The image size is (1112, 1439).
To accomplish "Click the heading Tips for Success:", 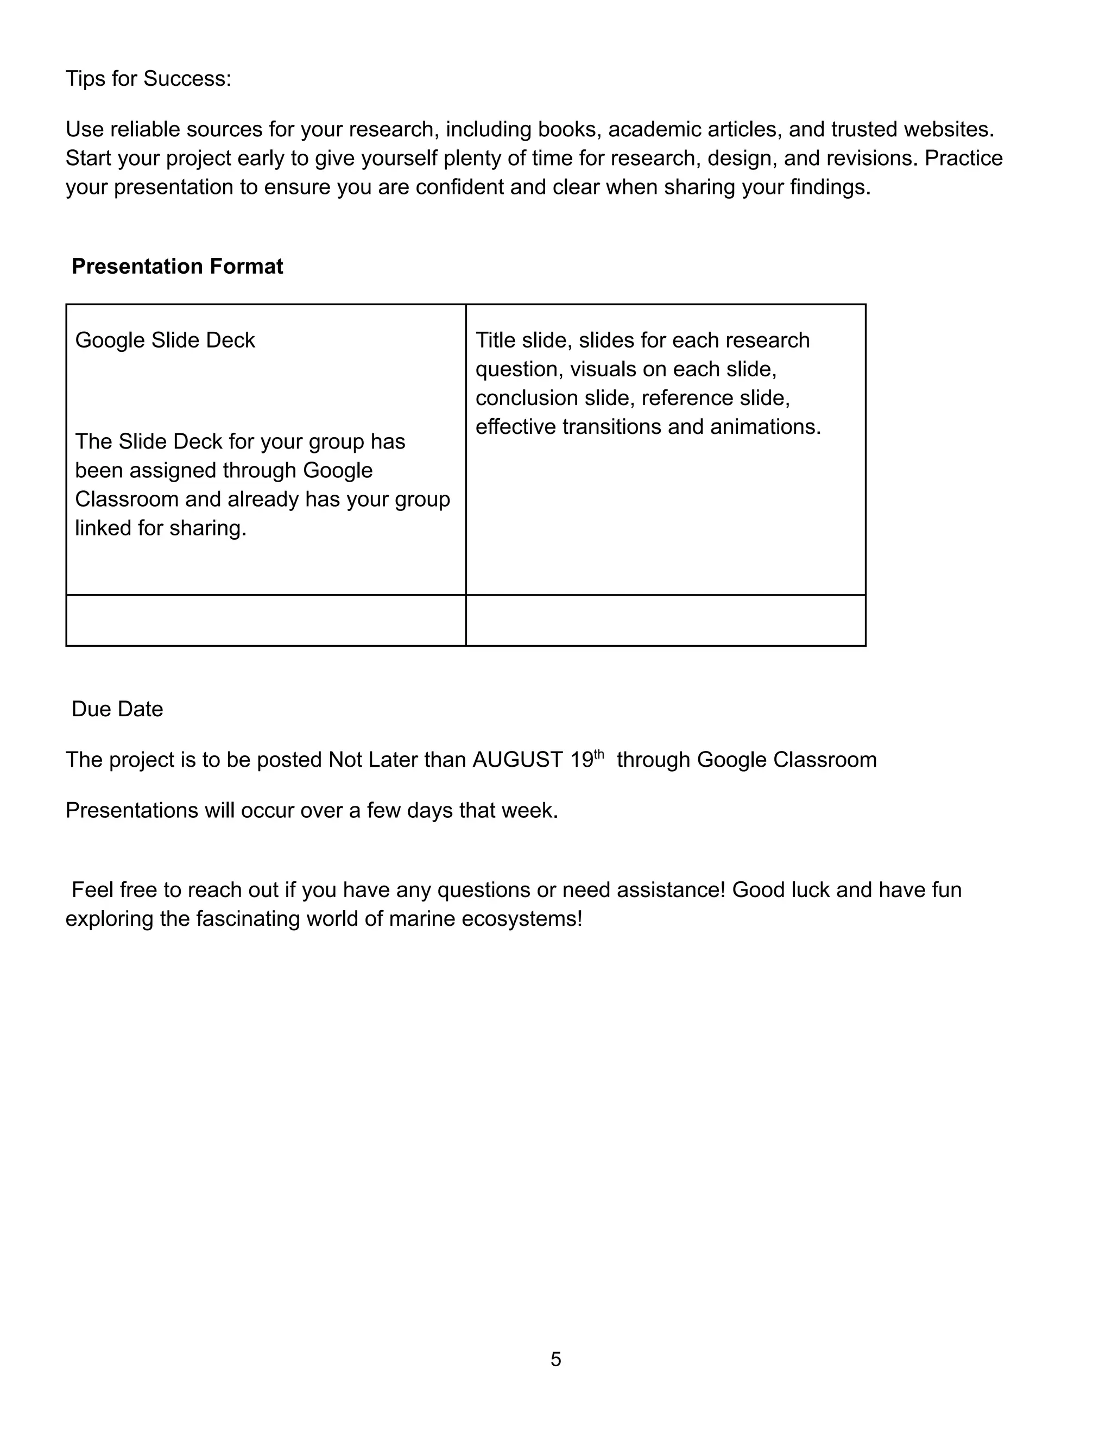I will point(148,79).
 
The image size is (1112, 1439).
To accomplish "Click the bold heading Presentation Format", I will point(177,266).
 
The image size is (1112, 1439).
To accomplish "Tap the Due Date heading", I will point(117,709).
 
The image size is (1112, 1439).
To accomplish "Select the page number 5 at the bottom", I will point(556,1359).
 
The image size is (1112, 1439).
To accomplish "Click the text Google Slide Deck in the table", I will point(165,340).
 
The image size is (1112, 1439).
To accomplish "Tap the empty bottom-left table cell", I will point(266,620).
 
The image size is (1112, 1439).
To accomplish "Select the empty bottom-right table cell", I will point(665,620).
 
